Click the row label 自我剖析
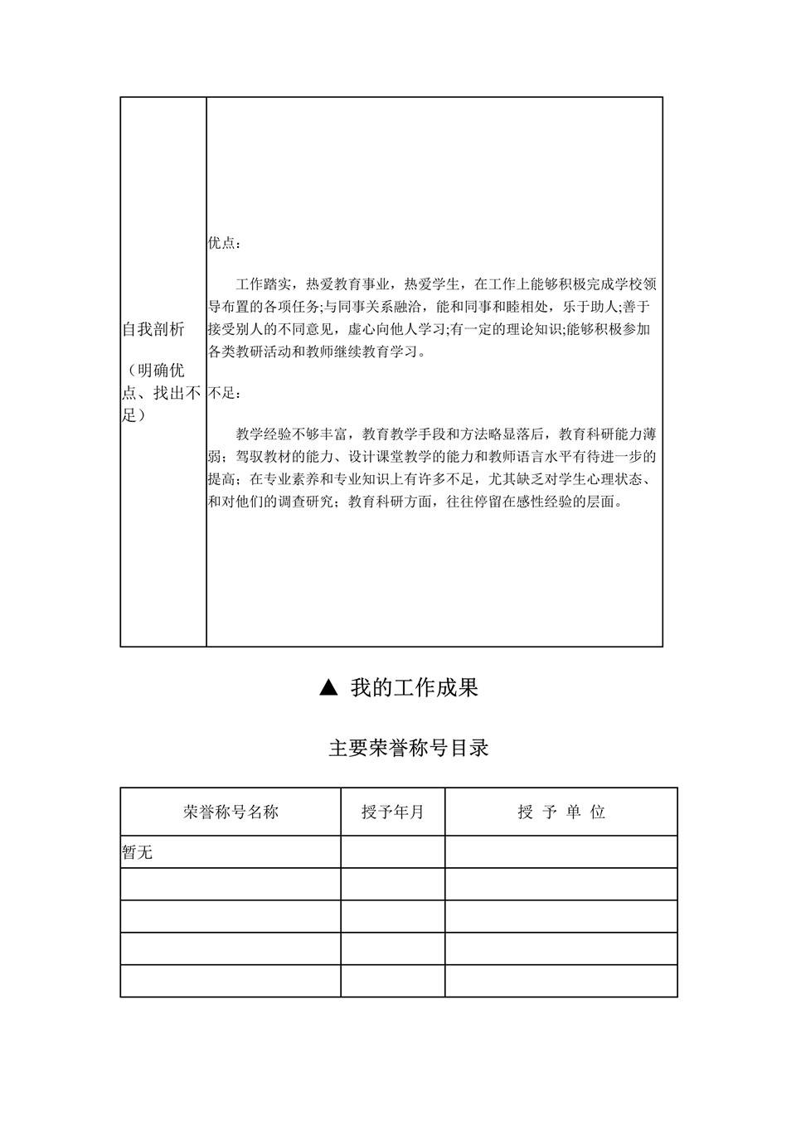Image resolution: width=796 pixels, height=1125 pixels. click(x=154, y=330)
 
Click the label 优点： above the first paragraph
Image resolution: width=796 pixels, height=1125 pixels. click(x=226, y=244)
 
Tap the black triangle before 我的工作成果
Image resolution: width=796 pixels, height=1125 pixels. click(x=329, y=687)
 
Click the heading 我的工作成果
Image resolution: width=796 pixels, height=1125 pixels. click(x=414, y=687)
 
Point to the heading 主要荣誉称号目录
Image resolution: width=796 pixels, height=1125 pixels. click(x=409, y=748)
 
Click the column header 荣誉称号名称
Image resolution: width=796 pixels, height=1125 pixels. click(x=231, y=812)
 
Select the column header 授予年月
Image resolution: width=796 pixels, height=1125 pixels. click(x=392, y=812)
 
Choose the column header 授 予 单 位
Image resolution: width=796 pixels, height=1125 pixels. click(x=561, y=812)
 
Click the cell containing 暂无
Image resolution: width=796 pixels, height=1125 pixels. click(x=138, y=851)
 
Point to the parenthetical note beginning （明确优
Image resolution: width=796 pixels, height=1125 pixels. click(x=163, y=392)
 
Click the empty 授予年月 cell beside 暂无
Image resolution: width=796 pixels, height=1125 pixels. click(x=392, y=851)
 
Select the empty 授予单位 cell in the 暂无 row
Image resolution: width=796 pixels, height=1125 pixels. click(x=561, y=851)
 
